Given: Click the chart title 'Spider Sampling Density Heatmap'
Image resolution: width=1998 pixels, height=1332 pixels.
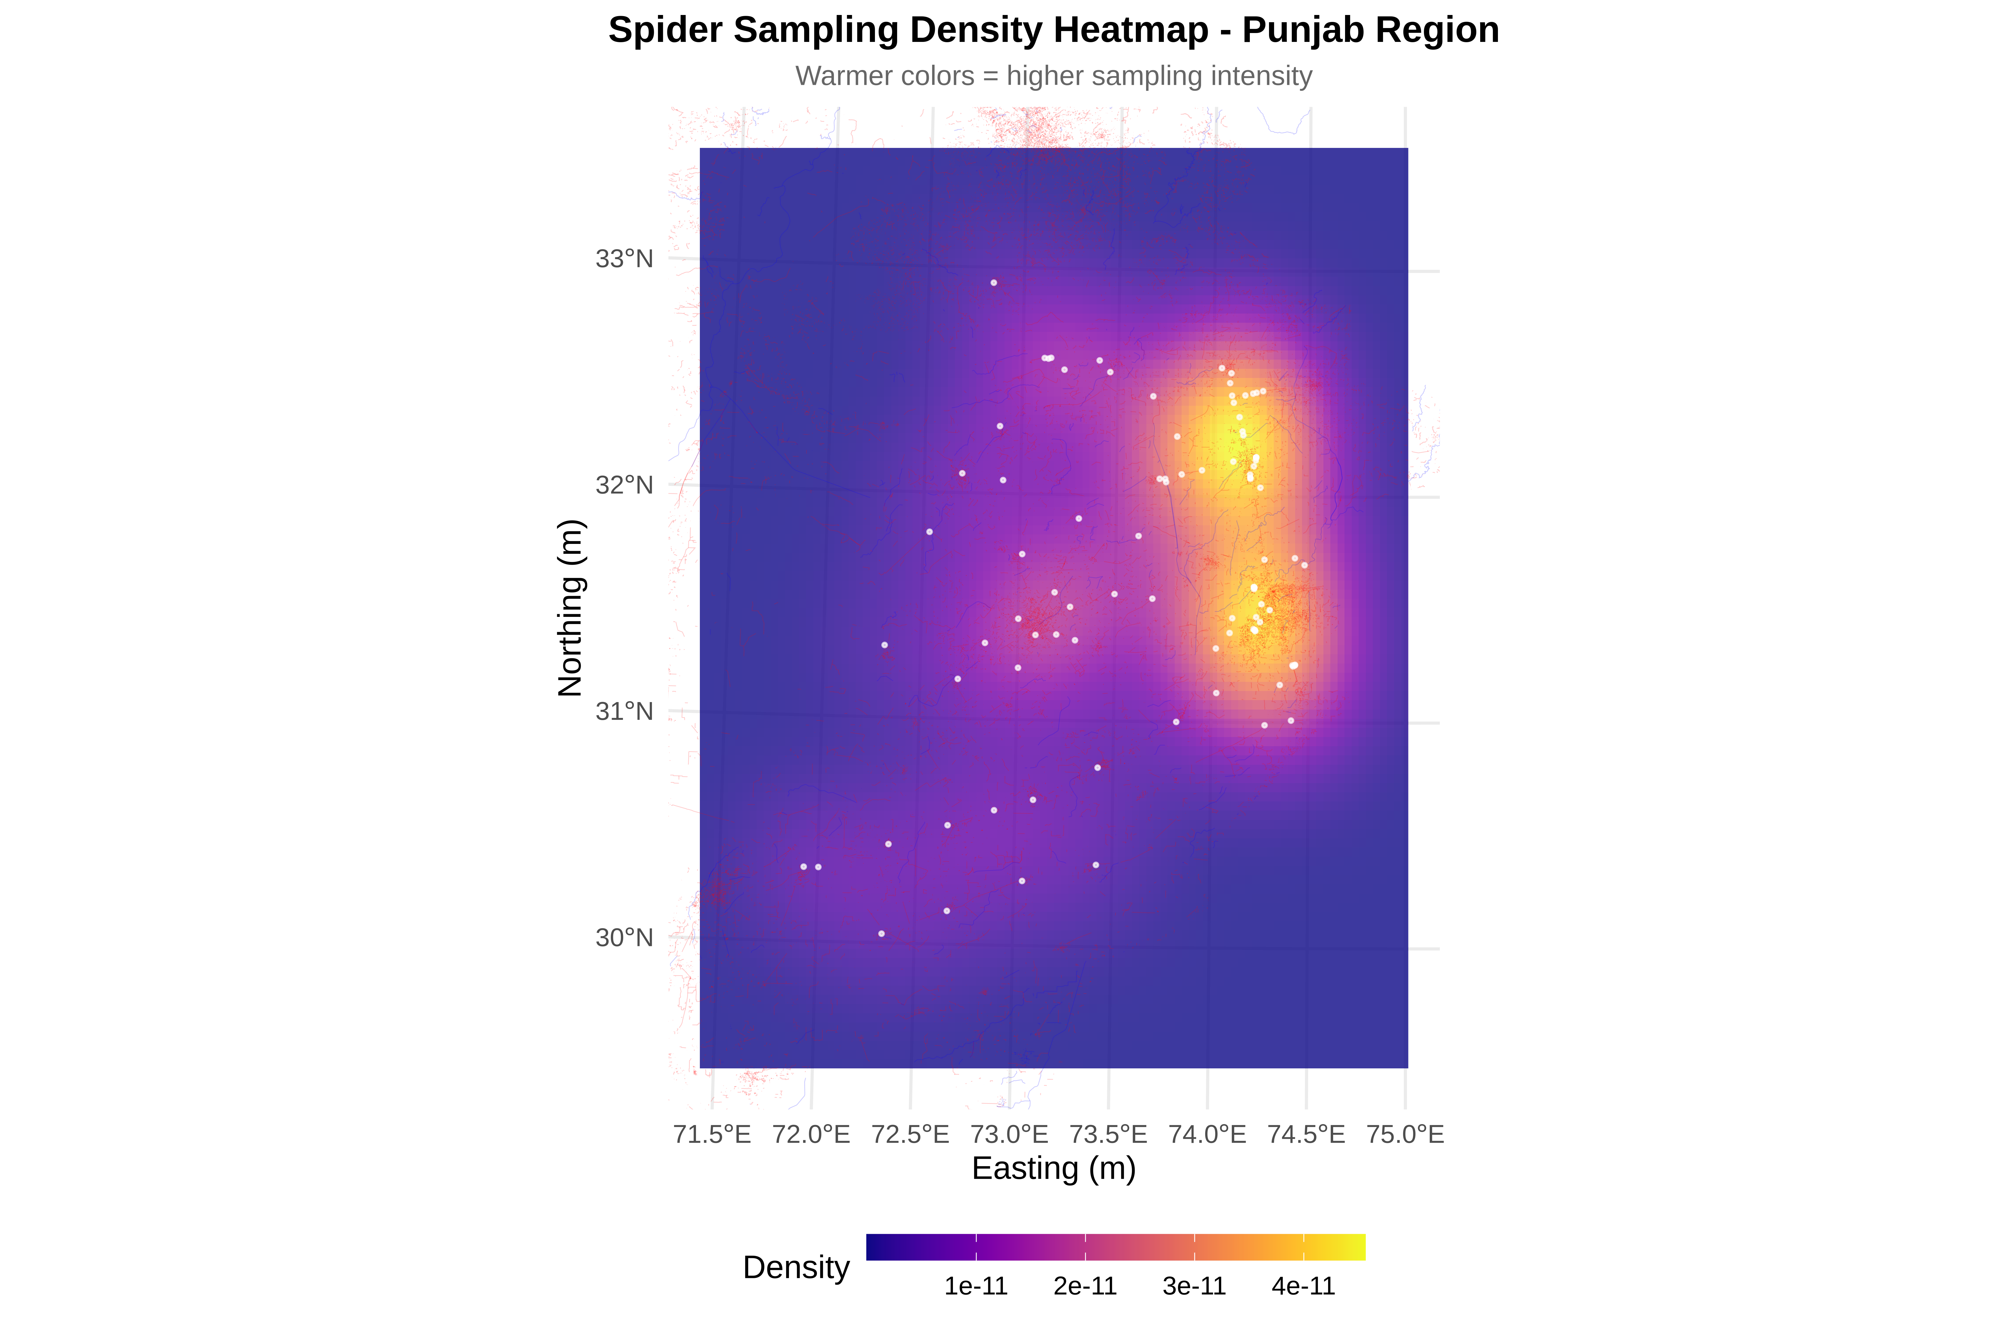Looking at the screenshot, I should pyautogui.click(x=1053, y=31).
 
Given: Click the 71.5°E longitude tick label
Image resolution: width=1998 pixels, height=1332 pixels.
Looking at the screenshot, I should pyautogui.click(x=712, y=1134).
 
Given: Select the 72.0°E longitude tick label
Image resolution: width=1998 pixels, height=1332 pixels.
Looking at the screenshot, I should pyautogui.click(x=811, y=1134).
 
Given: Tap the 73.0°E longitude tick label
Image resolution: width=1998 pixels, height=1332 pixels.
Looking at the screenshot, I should pyautogui.click(x=1009, y=1134).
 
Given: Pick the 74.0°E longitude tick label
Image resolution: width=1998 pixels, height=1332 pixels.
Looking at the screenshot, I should pyautogui.click(x=1207, y=1134).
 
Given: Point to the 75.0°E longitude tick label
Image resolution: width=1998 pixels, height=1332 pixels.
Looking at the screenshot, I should pyautogui.click(x=1405, y=1134).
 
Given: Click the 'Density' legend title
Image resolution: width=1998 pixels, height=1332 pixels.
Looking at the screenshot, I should pyautogui.click(x=796, y=1267).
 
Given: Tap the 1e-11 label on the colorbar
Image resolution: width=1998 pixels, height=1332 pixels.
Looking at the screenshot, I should pyautogui.click(x=976, y=1286).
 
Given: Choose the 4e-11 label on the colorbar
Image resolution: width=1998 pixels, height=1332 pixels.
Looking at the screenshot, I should pyautogui.click(x=1303, y=1286).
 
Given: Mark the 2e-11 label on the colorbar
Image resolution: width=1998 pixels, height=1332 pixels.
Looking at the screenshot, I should pyautogui.click(x=1085, y=1286).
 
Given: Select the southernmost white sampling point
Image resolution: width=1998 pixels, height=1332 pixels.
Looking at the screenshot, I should pyautogui.click(x=881, y=934).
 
